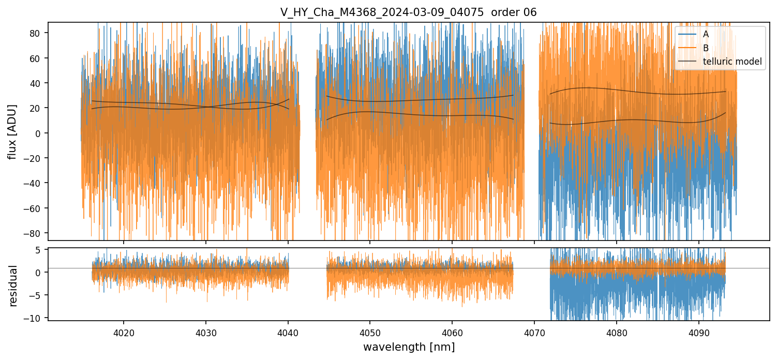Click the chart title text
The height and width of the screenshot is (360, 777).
coord(409,12)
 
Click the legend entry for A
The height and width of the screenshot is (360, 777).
coord(706,34)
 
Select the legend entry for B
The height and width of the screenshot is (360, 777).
coord(706,48)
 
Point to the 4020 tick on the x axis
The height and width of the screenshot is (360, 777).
coord(124,331)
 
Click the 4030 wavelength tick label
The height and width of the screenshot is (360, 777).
coord(206,331)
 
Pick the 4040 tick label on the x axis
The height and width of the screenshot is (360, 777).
coord(288,331)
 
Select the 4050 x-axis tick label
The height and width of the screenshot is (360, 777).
coord(370,331)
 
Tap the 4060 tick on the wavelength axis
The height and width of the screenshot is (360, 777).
coord(452,331)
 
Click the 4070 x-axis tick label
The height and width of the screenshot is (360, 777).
coord(534,331)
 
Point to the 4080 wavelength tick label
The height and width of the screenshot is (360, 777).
coord(617,331)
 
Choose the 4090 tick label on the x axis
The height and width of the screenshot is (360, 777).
coord(699,331)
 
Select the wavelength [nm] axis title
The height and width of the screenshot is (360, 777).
coord(409,347)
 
